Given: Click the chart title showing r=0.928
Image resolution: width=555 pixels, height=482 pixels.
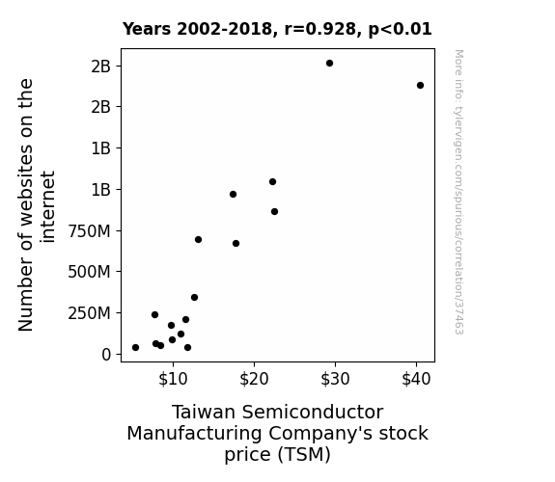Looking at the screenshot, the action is point(277,29).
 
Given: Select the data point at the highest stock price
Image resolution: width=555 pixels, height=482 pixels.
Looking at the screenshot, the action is point(420,85).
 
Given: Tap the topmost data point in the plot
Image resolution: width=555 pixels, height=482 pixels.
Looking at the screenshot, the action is point(329,64).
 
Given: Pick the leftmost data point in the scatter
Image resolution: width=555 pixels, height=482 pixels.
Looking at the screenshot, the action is point(135,348).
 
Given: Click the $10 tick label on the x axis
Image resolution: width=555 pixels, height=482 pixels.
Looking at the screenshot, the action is point(173,379).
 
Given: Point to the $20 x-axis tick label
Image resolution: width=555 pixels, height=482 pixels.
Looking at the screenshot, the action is point(254,379).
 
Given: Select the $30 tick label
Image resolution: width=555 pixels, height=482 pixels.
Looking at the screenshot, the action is point(335,379).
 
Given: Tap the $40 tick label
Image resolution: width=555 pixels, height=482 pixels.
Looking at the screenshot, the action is point(416,379).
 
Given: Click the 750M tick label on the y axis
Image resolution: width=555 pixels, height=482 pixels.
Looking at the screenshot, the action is point(89,231).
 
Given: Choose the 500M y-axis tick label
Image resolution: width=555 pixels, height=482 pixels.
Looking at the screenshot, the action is point(89,272).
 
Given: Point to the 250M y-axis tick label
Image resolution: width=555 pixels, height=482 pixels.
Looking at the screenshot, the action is point(89,313).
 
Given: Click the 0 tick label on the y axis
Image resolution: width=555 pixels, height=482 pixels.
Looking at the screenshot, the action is point(106,355).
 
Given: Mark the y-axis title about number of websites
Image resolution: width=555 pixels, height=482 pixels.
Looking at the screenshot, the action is point(37,205).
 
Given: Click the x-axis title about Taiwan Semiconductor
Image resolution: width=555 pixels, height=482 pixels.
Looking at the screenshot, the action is point(278,433).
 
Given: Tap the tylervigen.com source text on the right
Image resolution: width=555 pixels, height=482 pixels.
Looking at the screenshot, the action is point(458,192).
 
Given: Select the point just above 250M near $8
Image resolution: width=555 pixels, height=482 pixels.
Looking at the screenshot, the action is point(154,314).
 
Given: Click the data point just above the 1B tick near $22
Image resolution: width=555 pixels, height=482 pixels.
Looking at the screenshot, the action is point(272,182).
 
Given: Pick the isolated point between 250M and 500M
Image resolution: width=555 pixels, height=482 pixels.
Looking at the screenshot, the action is point(194,298).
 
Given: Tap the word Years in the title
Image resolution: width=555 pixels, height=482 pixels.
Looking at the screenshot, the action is point(147,29).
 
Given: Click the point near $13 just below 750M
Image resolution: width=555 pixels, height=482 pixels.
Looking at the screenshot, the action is point(198,240).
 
